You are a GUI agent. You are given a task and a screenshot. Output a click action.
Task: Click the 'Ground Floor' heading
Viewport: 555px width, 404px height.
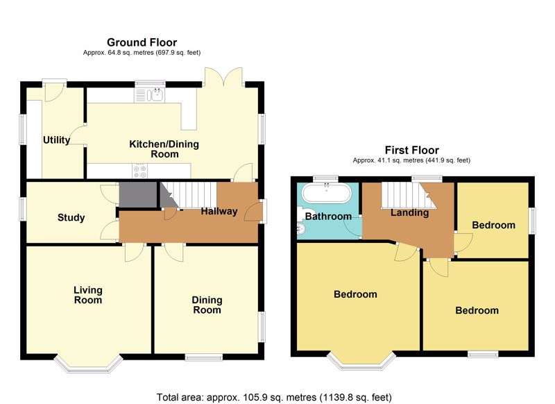coord(141,42)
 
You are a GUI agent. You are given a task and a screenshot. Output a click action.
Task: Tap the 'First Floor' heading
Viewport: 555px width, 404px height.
coord(411,150)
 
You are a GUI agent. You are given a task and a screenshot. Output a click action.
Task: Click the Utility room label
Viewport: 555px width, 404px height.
coord(56,140)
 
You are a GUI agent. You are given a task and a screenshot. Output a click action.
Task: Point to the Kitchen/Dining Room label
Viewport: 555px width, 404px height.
coord(164,149)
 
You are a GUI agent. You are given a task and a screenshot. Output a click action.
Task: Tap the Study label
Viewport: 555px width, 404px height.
coord(71,218)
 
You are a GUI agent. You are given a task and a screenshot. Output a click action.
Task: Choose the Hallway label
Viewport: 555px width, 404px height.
coord(219,212)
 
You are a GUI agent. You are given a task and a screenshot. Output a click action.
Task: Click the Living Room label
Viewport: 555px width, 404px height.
coord(88,295)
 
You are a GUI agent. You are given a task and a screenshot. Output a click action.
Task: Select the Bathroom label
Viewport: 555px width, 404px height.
coord(328,217)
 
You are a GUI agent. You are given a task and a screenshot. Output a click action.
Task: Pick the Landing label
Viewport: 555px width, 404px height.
coord(409,212)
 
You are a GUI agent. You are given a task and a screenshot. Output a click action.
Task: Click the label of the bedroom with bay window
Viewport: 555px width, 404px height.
coord(355,294)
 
